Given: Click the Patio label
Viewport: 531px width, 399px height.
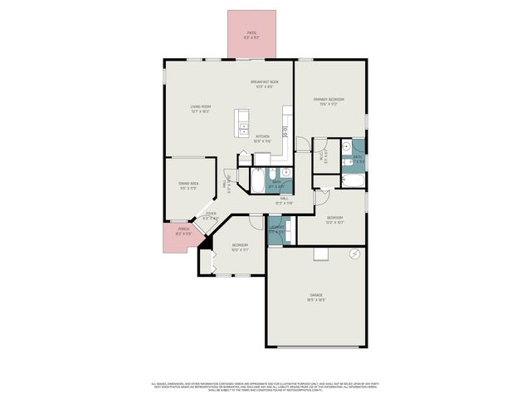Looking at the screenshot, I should pyautogui.click(x=252, y=35).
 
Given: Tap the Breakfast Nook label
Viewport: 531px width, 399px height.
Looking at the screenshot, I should pyautogui.click(x=265, y=83).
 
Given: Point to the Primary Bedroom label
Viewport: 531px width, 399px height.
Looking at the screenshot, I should pyautogui.click(x=329, y=101).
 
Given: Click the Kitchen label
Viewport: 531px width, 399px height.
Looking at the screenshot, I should pyautogui.click(x=262, y=138).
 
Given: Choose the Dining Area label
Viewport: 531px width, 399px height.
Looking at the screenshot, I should pyautogui.click(x=188, y=185).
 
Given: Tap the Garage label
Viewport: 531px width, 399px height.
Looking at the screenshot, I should pyautogui.click(x=316, y=297).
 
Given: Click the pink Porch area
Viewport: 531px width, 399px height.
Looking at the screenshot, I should pyautogui.click(x=183, y=234).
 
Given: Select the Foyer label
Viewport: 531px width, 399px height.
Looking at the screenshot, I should pyautogui.click(x=212, y=215).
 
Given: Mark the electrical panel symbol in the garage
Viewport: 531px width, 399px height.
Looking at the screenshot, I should pyautogui.click(x=355, y=253).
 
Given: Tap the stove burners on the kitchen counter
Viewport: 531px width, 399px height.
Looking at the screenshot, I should pyautogui.click(x=285, y=131).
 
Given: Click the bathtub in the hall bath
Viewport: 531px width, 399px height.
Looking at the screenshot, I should pyautogui.click(x=256, y=177).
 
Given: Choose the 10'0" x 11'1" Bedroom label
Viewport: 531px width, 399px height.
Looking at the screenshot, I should pyautogui.click(x=240, y=247).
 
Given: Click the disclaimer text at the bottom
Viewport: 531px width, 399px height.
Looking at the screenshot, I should pyautogui.click(x=265, y=387).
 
